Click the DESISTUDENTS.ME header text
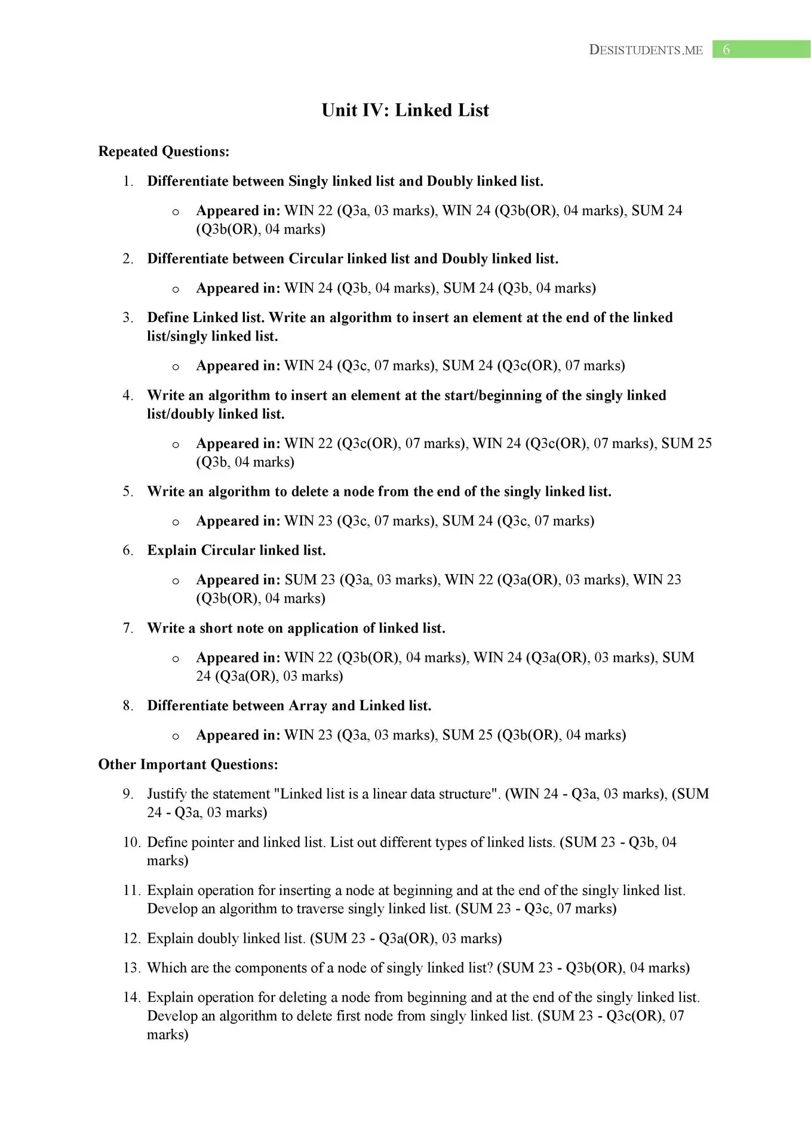coord(646,50)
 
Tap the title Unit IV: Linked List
coord(405,110)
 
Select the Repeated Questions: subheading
coord(164,151)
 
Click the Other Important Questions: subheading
coord(188,764)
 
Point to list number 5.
coord(128,491)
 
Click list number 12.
coord(131,938)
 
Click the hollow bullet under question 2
coord(176,290)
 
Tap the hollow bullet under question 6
coord(176,581)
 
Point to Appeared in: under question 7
coord(238,657)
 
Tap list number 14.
coord(131,997)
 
